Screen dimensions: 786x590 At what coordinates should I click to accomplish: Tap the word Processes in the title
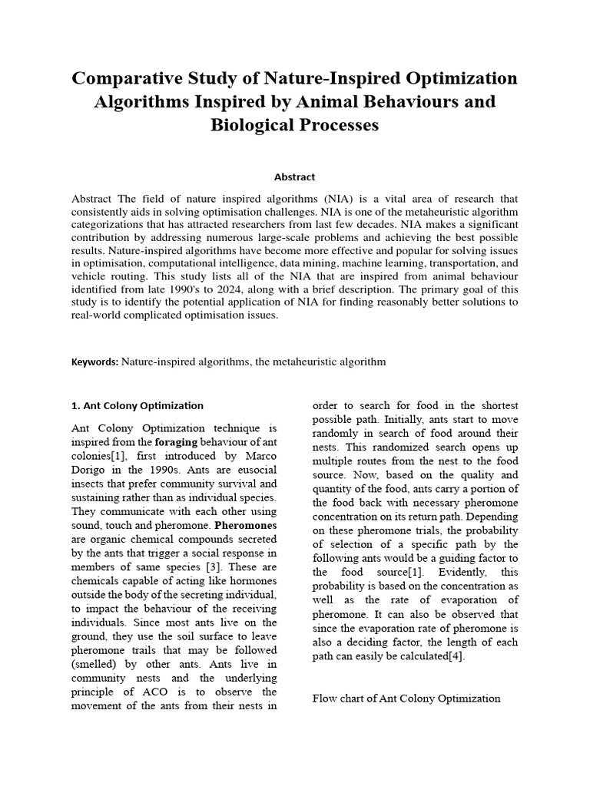click(332, 125)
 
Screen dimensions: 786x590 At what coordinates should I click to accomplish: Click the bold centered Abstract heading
click(295, 177)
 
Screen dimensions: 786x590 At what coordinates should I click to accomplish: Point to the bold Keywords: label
click(94, 362)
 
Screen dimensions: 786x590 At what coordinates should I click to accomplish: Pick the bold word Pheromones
click(245, 526)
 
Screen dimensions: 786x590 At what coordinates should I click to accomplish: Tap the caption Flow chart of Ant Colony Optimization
click(406, 698)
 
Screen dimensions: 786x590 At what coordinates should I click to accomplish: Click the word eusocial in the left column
click(254, 470)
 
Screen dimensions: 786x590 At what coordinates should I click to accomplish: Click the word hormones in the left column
click(251, 581)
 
